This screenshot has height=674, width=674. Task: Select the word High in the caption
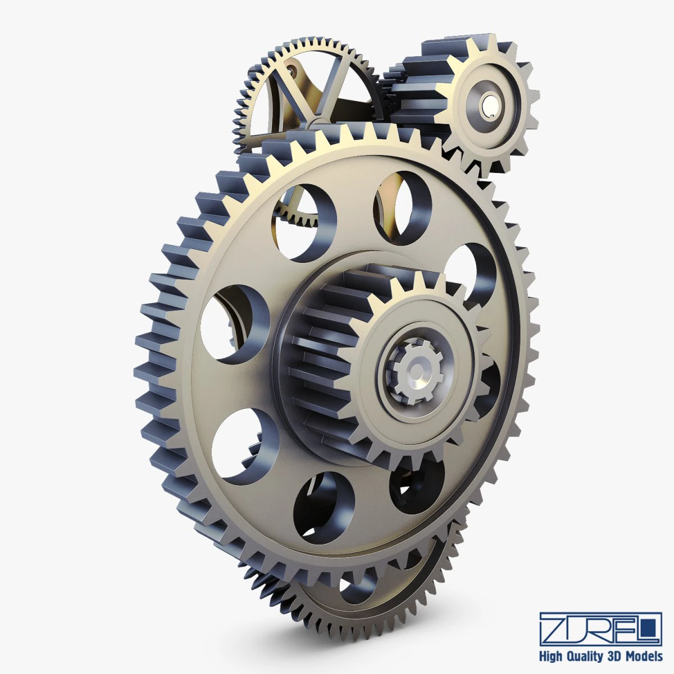click(552, 656)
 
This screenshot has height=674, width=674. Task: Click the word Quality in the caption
click(586, 656)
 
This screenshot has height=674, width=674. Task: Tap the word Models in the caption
click(645, 656)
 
